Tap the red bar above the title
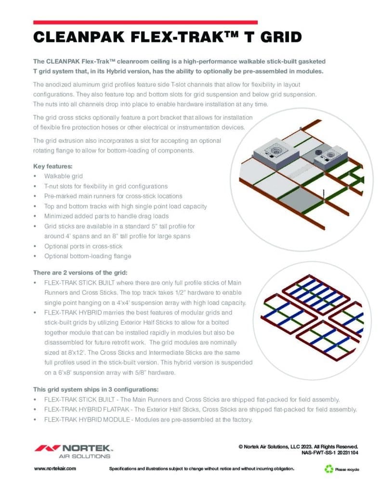145,22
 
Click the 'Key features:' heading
53,166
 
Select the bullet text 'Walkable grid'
63,176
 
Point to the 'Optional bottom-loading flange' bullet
87,256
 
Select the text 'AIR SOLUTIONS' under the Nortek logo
84,456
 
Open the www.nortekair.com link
54,469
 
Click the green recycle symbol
329,468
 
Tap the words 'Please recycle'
347,469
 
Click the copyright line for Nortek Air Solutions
298,447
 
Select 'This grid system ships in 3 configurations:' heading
95,389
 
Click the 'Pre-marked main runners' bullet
113,196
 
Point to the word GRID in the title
276,37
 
